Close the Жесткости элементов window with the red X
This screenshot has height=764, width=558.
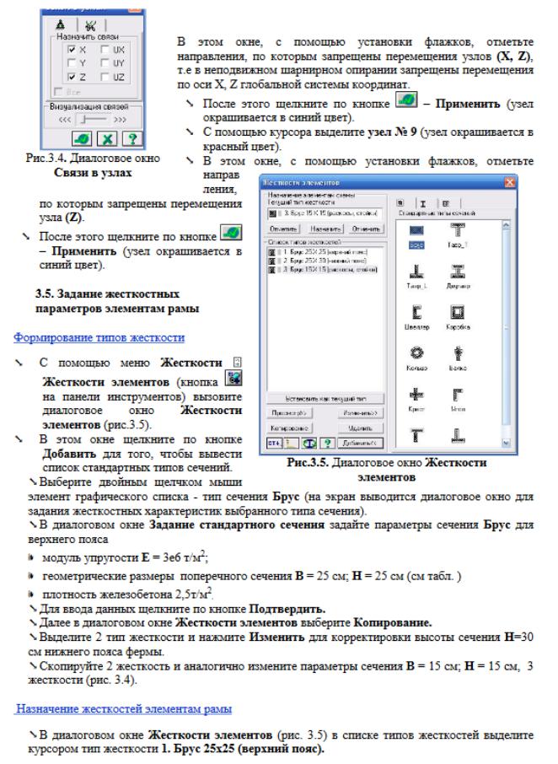coord(508,182)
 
